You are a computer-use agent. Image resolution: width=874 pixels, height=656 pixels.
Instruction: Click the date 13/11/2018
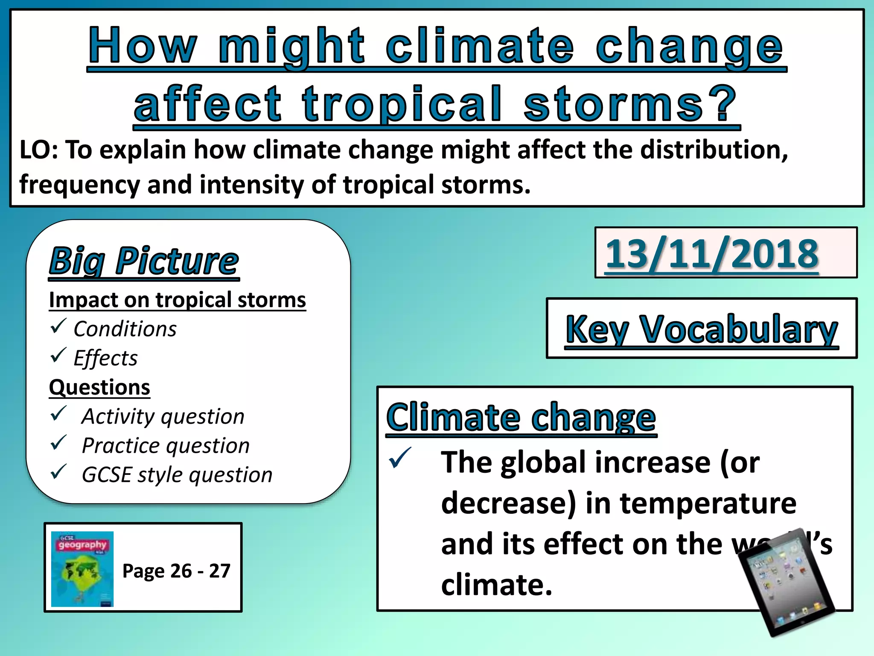(712, 254)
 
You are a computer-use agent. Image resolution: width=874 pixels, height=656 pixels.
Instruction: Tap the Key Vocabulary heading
(702, 329)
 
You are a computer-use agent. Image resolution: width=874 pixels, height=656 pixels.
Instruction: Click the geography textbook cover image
(82, 568)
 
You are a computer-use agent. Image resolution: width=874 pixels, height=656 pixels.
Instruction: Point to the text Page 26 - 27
(176, 571)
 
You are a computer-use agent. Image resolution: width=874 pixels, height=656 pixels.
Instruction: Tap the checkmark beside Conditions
(58, 326)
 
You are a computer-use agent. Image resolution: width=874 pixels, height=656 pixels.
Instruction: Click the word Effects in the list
(105, 358)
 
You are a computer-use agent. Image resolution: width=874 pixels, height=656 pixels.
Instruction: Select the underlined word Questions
(99, 387)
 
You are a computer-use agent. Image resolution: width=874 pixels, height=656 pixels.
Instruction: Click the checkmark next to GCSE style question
(58, 472)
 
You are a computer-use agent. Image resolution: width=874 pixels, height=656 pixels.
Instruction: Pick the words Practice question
(166, 445)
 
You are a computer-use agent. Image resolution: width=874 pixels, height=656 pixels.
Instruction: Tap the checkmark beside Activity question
(58, 413)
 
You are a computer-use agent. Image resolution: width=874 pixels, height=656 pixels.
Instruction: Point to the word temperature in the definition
(708, 503)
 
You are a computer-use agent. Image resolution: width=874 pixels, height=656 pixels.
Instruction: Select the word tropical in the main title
(402, 104)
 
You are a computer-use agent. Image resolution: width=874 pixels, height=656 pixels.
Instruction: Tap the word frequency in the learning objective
(79, 185)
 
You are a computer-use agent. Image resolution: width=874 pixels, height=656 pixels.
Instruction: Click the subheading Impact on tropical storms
(177, 300)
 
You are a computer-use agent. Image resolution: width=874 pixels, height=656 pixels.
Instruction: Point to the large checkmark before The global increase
(400, 457)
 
